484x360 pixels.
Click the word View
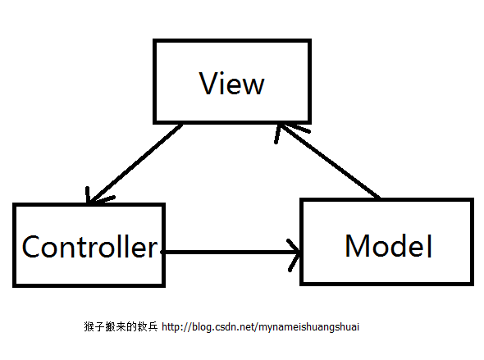pos(232,84)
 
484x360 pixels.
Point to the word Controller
pos(89,246)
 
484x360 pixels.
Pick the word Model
pos(388,245)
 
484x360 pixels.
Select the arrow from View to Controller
pos(135,164)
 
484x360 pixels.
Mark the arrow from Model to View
pos(328,162)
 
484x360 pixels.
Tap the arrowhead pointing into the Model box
pos(295,252)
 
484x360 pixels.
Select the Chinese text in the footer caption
pos(121,327)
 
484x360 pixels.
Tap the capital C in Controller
pos(32,246)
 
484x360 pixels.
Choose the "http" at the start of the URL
pos(172,327)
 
